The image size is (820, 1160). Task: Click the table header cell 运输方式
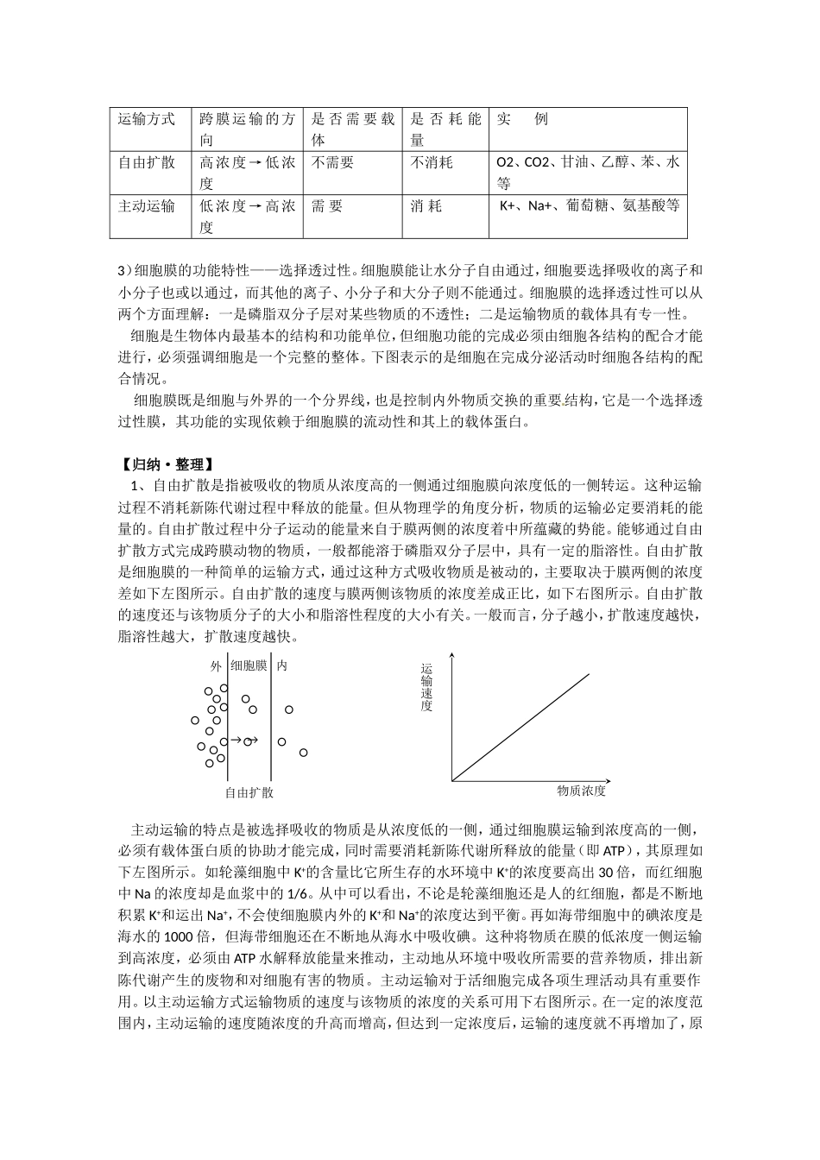[x=147, y=119]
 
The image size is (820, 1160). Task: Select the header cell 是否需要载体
[x=352, y=129]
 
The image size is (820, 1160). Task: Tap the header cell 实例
[x=522, y=119]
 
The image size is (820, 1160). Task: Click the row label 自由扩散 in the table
[x=147, y=162]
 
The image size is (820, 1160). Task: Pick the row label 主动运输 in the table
[x=147, y=205]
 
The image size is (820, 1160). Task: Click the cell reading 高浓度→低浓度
[x=247, y=173]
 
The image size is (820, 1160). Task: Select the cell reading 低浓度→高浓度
[x=247, y=216]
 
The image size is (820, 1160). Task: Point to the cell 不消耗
[x=432, y=162]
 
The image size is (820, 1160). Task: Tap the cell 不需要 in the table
[x=332, y=162]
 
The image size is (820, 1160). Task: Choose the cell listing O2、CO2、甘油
[x=588, y=172]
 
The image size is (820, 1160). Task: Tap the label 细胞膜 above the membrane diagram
[x=249, y=665]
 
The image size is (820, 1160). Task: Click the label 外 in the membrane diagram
[x=216, y=665]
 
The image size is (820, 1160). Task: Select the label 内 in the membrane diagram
[x=282, y=665]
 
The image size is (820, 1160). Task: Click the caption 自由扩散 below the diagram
[x=249, y=791]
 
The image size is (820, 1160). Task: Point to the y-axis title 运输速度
[x=427, y=687]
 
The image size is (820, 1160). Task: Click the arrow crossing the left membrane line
[x=234, y=740]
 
